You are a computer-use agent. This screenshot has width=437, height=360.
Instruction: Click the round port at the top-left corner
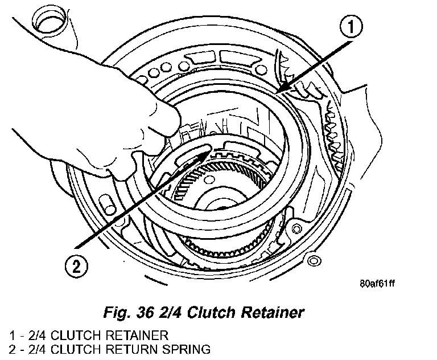point(50,21)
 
